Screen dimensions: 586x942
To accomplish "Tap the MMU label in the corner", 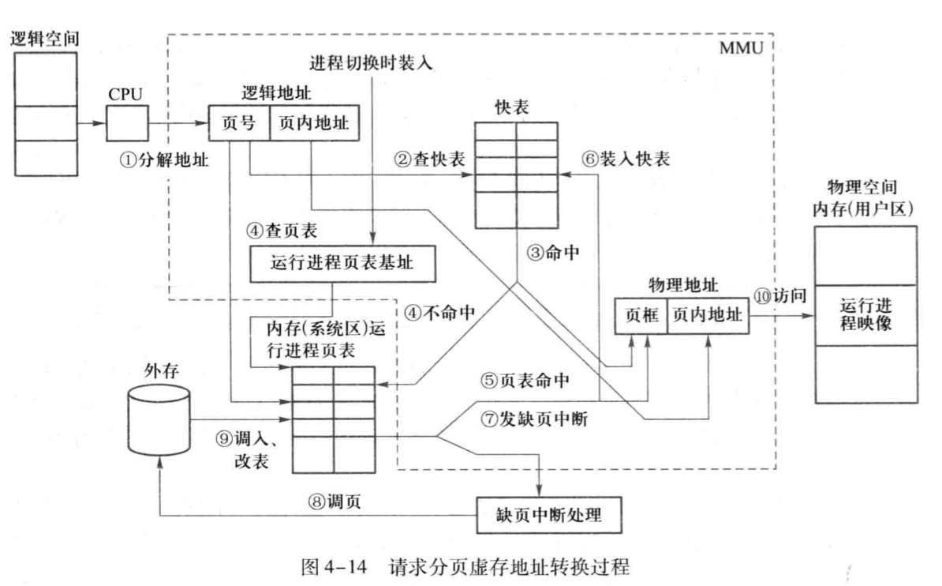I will click(x=738, y=49).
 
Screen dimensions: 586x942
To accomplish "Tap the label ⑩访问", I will click(x=779, y=298).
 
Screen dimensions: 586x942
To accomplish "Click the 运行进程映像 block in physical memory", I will click(x=865, y=313).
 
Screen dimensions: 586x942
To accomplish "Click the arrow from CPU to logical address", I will click(x=178, y=123).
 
